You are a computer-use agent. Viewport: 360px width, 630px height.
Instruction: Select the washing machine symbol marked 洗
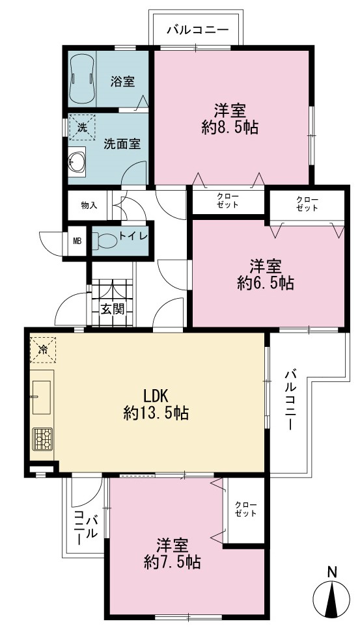[82, 128]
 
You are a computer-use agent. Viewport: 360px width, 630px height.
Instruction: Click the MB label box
[77, 241]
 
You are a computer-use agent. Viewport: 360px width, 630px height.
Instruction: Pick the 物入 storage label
[89, 206]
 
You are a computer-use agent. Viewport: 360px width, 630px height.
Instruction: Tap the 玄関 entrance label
[112, 309]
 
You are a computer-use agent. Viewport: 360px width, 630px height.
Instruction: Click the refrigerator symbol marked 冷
[42, 349]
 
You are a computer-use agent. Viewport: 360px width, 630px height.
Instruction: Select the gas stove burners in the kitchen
[42, 439]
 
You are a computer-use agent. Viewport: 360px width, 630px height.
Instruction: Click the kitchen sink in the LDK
[42, 397]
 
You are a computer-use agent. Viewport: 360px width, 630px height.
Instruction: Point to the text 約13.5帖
[156, 413]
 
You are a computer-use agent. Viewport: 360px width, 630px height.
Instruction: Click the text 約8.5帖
[230, 128]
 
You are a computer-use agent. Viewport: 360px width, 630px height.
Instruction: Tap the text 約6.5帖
[265, 283]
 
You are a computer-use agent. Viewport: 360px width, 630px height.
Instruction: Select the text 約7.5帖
[173, 562]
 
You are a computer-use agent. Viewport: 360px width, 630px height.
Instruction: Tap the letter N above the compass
[332, 571]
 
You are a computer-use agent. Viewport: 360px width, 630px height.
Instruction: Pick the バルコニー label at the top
[198, 30]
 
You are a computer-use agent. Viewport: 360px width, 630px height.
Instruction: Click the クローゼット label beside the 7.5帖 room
[246, 509]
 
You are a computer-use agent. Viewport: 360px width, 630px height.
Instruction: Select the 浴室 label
[122, 81]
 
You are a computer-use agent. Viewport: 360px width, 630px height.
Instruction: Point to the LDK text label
[156, 396]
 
